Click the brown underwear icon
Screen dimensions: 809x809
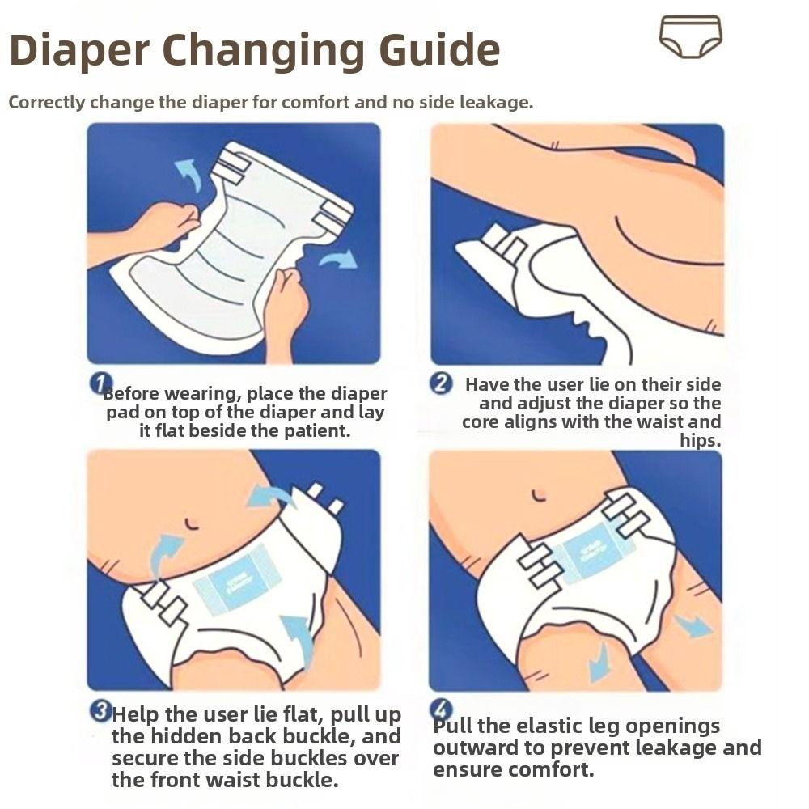point(690,36)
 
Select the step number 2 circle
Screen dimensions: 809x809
point(441,383)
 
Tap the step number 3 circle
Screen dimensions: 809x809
point(100,712)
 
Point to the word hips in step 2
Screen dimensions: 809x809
point(700,441)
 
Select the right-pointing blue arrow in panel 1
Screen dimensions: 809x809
point(337,260)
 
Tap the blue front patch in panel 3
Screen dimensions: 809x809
point(240,582)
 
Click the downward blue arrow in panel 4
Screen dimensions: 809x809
point(599,662)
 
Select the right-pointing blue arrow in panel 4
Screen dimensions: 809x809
point(693,626)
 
